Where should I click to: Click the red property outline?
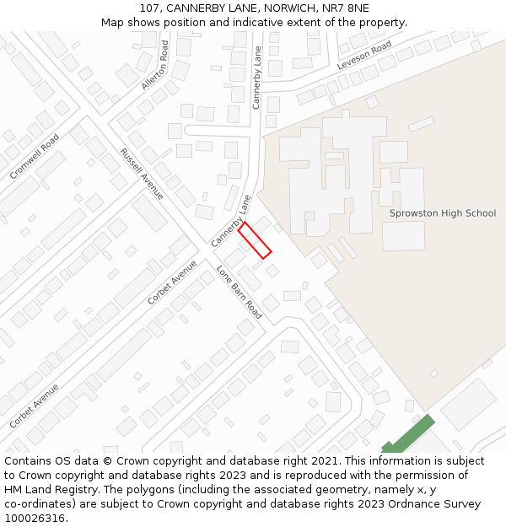(255, 239)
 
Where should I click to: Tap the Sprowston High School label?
(442, 213)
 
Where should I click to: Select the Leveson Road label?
(364, 56)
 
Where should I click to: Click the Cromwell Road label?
(35, 156)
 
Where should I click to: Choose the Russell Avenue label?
(142, 174)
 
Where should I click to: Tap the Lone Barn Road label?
(240, 293)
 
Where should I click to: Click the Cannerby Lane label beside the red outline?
(231, 221)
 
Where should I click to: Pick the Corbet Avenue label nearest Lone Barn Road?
(172, 282)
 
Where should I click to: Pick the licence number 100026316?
(35, 519)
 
